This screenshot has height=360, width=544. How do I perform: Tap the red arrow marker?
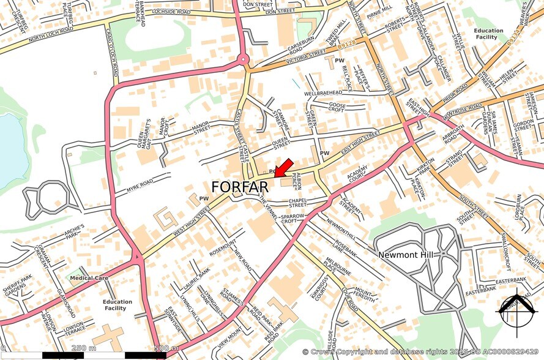click(283, 168)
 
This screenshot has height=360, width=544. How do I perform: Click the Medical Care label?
click(89, 278)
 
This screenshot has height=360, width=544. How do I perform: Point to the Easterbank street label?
click(511, 280)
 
